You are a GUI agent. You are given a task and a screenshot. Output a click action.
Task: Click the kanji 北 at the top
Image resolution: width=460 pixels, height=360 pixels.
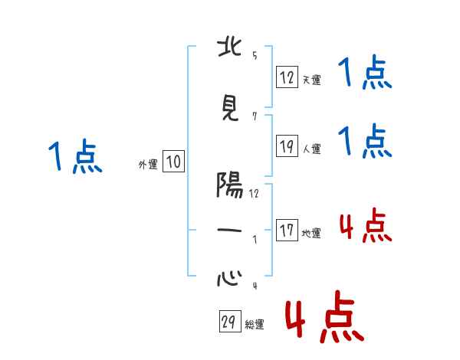tap(230, 49)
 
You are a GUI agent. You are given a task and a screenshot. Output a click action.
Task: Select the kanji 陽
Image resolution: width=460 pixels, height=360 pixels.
tap(230, 185)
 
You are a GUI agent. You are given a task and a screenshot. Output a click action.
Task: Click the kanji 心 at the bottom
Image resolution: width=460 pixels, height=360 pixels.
tap(230, 277)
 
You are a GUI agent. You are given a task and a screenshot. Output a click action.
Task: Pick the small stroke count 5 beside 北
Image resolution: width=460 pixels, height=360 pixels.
tap(254, 56)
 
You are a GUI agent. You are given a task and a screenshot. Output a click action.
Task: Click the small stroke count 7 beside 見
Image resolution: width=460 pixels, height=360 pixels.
tap(254, 116)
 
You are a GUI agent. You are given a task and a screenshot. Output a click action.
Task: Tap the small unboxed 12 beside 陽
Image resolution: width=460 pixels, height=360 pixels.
tap(254, 193)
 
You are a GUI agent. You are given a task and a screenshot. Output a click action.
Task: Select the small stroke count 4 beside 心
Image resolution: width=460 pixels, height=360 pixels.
tap(254, 285)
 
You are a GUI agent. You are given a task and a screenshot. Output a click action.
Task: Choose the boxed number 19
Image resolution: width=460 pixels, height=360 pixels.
tap(287, 146)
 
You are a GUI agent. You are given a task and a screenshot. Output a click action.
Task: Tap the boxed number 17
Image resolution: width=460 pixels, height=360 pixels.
tap(287, 231)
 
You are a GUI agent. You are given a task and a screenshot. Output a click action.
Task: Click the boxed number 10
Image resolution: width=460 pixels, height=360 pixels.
tap(173, 162)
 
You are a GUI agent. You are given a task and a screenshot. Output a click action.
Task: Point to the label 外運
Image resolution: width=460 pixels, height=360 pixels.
tap(147, 163)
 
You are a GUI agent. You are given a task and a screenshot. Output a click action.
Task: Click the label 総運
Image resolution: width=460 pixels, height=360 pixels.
tap(255, 325)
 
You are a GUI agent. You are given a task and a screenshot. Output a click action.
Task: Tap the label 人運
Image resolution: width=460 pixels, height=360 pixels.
tap(311, 149)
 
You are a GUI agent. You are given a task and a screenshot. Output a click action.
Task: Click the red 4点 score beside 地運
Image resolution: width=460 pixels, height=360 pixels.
tap(365, 226)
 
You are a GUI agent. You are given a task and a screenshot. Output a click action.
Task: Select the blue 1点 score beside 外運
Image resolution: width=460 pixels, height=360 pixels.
tap(75, 157)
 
